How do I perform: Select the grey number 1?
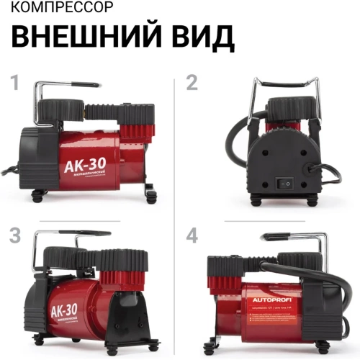coord(14,83)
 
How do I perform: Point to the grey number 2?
coord(192,83)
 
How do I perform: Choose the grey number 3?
coord(14,235)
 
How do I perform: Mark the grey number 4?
coord(192,235)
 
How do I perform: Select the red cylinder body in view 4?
coord(270,310)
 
